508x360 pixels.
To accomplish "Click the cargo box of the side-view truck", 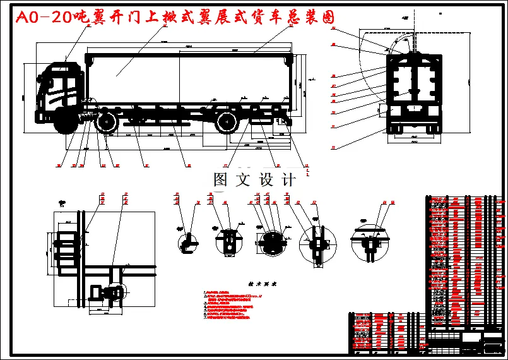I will pos(189,76).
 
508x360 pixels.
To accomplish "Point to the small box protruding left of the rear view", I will pos(382,110).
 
